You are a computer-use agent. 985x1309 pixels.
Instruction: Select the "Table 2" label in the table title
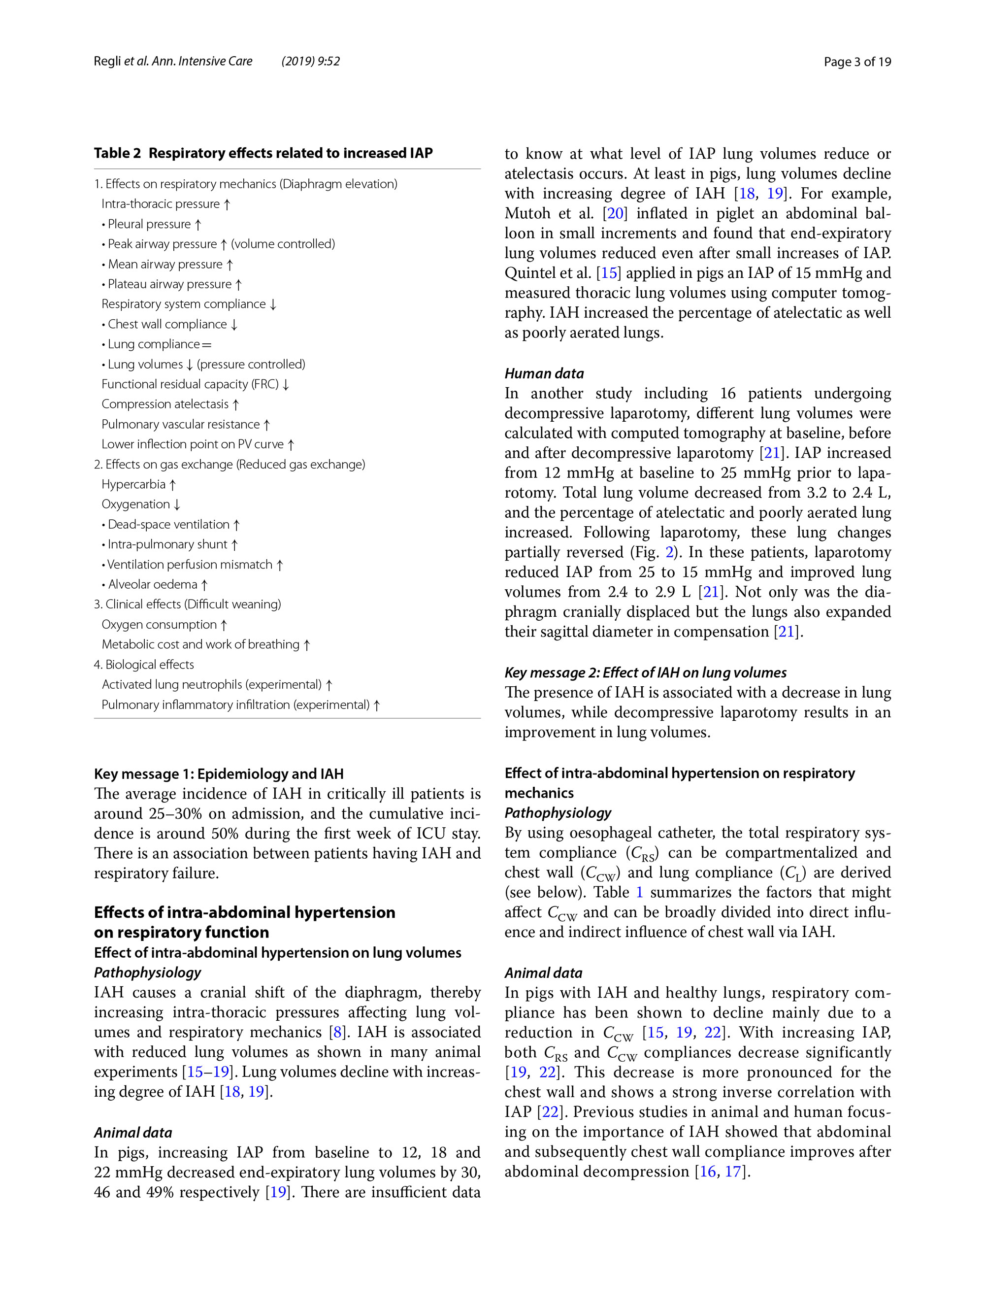click(x=117, y=153)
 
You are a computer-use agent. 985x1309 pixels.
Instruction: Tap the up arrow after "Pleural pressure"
click(x=198, y=224)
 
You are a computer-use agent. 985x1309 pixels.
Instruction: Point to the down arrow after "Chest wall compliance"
click(x=234, y=324)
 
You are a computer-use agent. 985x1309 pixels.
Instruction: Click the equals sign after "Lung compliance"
click(x=206, y=344)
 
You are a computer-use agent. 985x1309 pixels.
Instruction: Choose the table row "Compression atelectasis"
click(x=170, y=404)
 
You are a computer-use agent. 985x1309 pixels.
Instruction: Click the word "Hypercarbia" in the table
click(x=133, y=484)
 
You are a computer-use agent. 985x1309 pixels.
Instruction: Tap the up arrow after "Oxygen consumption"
click(x=224, y=625)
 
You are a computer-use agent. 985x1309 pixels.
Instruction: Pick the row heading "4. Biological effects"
click(x=144, y=665)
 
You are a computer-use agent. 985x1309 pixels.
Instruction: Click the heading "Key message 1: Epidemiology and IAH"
click(x=218, y=774)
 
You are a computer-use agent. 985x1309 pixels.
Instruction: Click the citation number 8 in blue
click(x=338, y=1032)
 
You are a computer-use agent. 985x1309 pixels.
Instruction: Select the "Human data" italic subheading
click(x=544, y=373)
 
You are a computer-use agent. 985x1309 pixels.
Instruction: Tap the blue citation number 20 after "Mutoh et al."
click(x=615, y=214)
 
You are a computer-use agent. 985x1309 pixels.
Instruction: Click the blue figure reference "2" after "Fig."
click(x=669, y=552)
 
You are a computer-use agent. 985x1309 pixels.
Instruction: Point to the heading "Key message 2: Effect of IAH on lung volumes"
click(x=645, y=673)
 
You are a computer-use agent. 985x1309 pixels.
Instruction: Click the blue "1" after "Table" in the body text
click(x=639, y=892)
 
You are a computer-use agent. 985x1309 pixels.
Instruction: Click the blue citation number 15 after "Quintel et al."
click(x=609, y=273)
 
